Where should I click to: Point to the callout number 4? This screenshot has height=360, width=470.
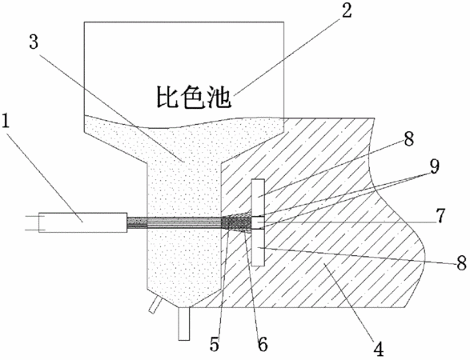[379, 347]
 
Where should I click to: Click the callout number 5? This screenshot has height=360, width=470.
[214, 345]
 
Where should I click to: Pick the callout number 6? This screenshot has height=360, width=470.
[263, 345]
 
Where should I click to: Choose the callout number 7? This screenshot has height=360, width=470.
[440, 216]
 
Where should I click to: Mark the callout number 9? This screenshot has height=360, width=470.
[434, 166]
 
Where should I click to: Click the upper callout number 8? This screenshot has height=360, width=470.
[408, 138]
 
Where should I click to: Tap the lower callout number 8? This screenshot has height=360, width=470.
[462, 263]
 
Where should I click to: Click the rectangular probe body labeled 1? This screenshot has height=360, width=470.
[82, 222]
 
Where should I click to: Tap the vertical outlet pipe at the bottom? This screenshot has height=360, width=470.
[184, 324]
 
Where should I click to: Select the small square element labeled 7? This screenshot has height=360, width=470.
[258, 222]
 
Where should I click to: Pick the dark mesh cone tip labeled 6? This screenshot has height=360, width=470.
[236, 223]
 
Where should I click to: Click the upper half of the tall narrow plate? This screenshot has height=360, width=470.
[258, 198]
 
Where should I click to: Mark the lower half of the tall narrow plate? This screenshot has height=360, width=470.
[258, 247]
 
